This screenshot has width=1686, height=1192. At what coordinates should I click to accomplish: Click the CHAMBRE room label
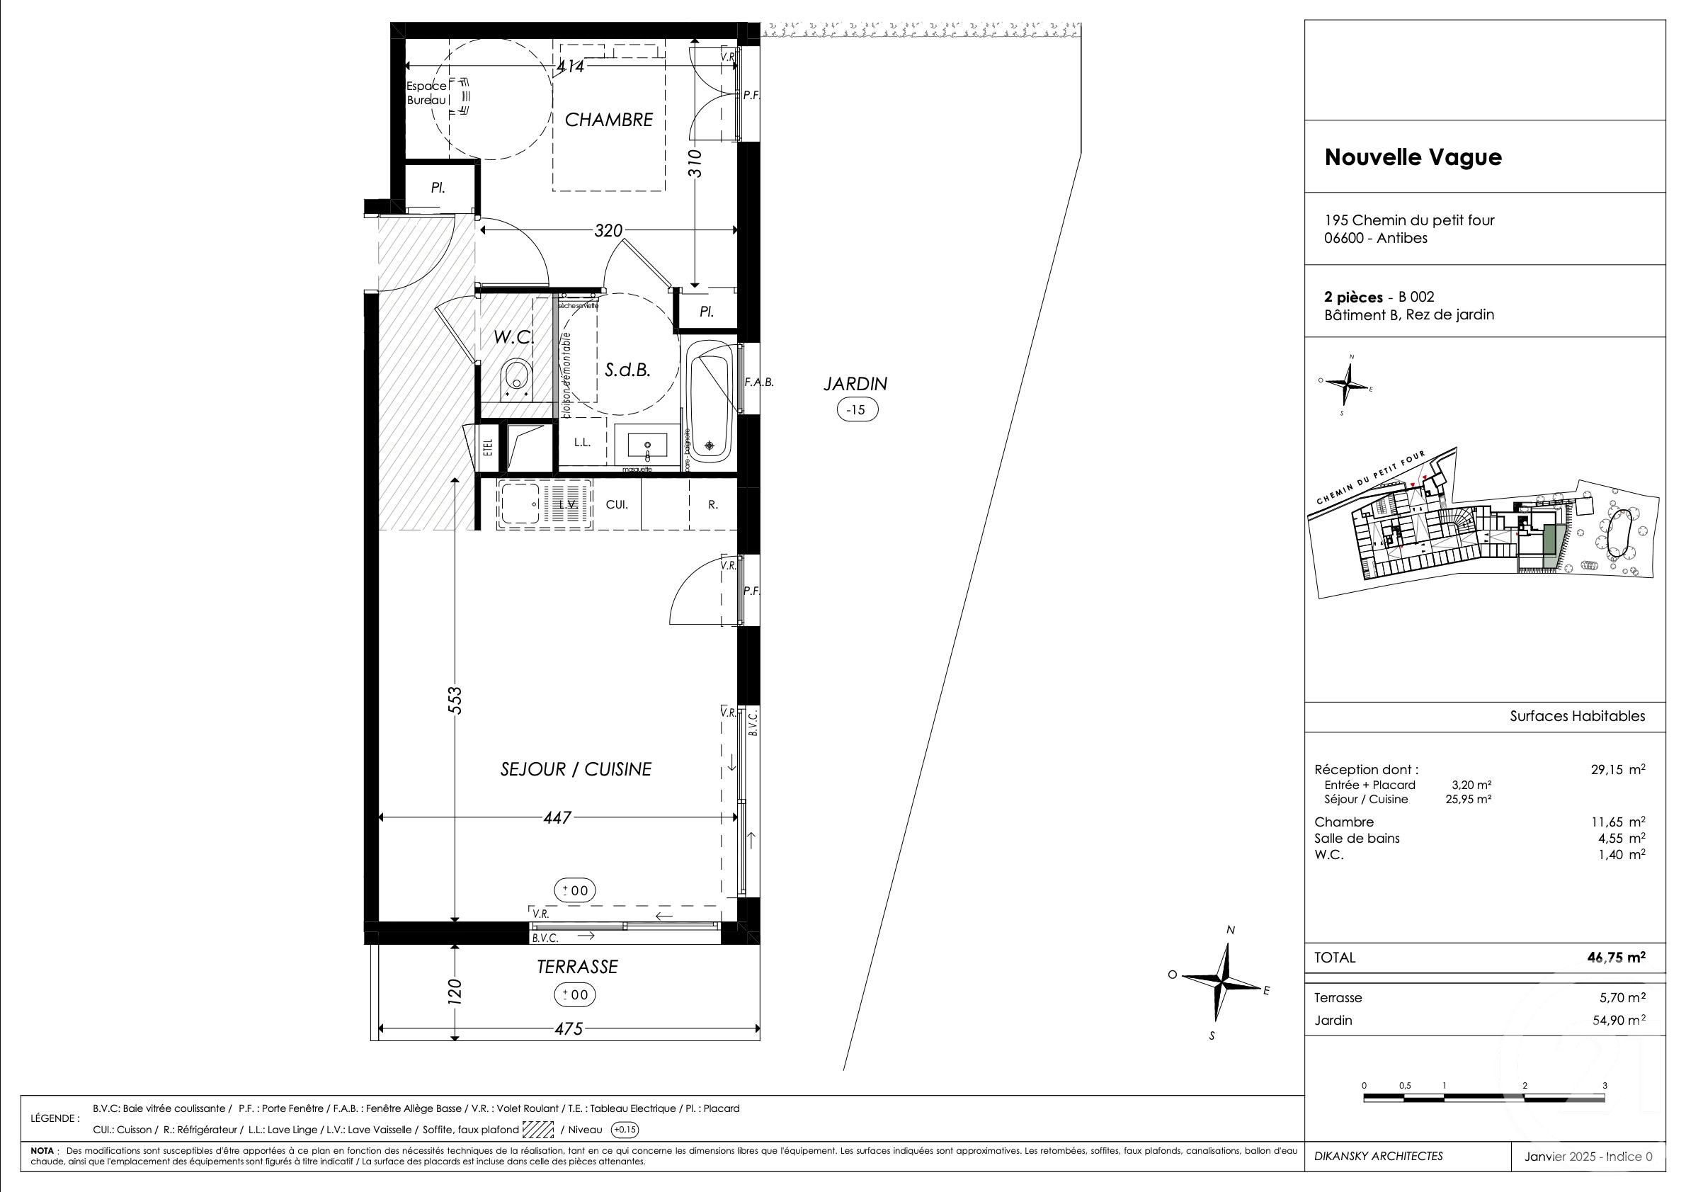pos(608,120)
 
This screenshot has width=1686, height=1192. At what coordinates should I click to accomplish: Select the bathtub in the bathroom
pos(710,402)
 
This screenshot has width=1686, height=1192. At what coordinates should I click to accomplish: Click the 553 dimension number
pos(455,699)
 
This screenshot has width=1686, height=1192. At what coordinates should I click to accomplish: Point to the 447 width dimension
pos(557,817)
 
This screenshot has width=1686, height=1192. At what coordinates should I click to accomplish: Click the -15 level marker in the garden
pos(857,410)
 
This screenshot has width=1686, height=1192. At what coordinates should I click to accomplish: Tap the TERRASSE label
pos(577,967)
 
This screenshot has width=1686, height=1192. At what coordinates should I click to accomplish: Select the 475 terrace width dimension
pos(569,1029)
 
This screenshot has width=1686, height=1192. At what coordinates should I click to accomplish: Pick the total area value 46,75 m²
pos(1615,957)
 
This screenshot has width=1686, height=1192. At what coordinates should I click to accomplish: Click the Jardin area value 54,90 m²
pos(1615,1020)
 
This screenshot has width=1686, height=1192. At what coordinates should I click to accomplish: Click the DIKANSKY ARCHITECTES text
pos(1378,1156)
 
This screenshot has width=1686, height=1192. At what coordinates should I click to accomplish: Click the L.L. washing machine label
pos(582,442)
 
